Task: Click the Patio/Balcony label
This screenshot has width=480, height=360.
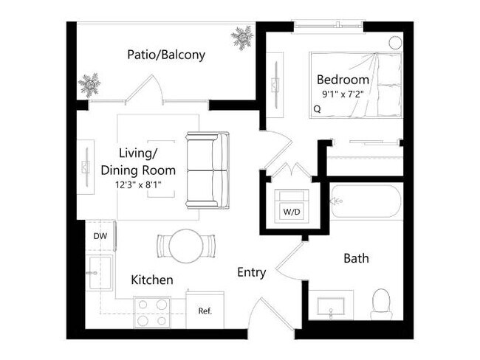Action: [165, 55]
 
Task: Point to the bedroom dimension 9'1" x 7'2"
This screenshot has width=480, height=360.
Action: [343, 94]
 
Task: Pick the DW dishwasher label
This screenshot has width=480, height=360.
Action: [99, 236]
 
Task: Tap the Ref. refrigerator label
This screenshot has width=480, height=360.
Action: [205, 311]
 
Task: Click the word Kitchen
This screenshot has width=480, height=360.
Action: [152, 280]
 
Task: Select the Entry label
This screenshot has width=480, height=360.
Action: [251, 272]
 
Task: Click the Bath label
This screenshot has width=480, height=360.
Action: [356, 259]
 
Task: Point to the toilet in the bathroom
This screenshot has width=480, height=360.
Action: [381, 303]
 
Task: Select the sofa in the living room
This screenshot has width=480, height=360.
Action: [208, 170]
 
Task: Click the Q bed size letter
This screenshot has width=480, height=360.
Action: [317, 108]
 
